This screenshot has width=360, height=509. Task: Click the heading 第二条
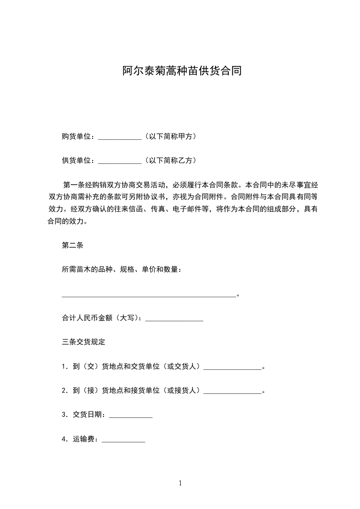click(x=72, y=245)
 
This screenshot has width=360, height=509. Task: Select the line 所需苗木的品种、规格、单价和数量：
click(x=122, y=270)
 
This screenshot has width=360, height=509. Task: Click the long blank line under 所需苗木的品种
click(x=149, y=295)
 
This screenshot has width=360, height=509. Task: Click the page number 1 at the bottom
click(x=180, y=483)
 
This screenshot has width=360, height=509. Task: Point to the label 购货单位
click(x=78, y=136)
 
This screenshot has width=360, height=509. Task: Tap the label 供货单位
click(x=78, y=160)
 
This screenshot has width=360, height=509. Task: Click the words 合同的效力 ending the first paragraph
click(x=66, y=222)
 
